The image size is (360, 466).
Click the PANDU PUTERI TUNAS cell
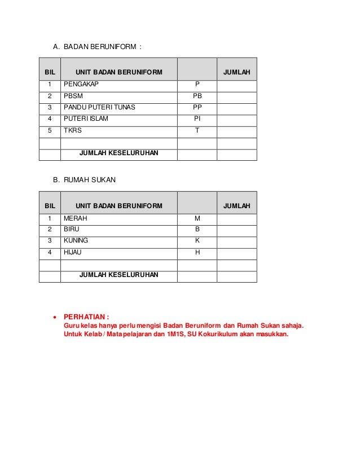(x=99, y=107)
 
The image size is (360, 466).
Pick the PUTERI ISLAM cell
(x=86, y=119)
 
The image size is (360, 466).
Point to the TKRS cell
(x=72, y=130)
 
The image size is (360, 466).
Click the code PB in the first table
(x=197, y=96)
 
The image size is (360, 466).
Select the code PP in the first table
(x=197, y=107)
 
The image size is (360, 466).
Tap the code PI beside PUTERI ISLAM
(x=197, y=119)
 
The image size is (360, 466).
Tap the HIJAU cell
(x=72, y=252)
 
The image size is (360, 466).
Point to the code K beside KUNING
(x=197, y=241)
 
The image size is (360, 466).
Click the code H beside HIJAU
(x=197, y=252)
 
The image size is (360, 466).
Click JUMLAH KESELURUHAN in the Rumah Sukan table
(x=119, y=275)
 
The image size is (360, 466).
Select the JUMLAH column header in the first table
(x=237, y=72)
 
